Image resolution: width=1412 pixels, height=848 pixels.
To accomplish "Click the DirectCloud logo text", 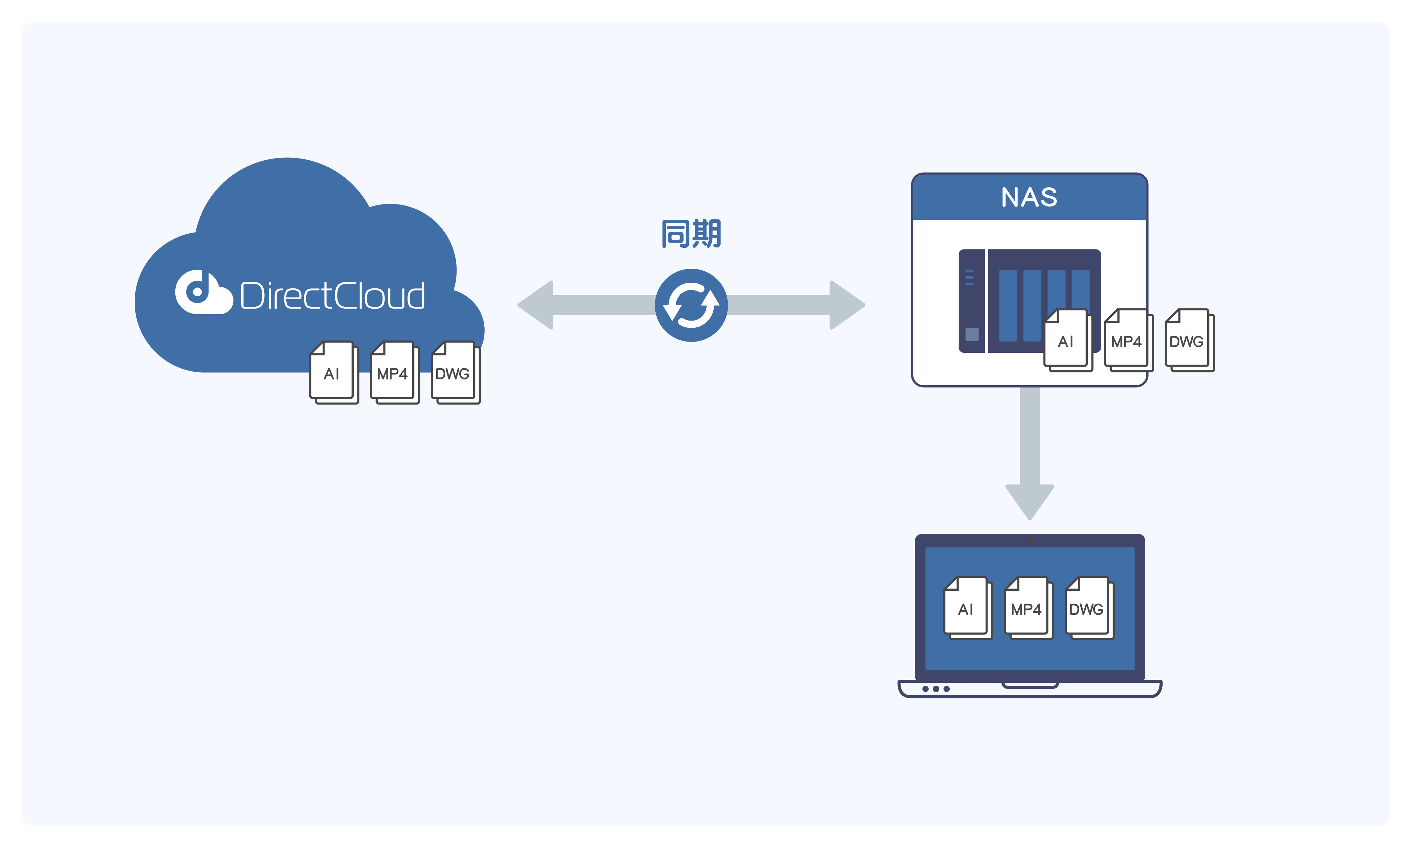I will [x=332, y=296].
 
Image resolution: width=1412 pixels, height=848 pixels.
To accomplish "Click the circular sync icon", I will [x=691, y=305].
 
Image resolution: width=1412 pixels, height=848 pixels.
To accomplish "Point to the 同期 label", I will [x=691, y=234].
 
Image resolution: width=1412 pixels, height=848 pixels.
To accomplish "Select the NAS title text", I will [x=1029, y=197].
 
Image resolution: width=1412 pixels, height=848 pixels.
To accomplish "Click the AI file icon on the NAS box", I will [x=1067, y=340].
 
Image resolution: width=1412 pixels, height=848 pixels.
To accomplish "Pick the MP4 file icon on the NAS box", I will [x=1128, y=340].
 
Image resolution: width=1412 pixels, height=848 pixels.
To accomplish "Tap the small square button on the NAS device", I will [x=972, y=334].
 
